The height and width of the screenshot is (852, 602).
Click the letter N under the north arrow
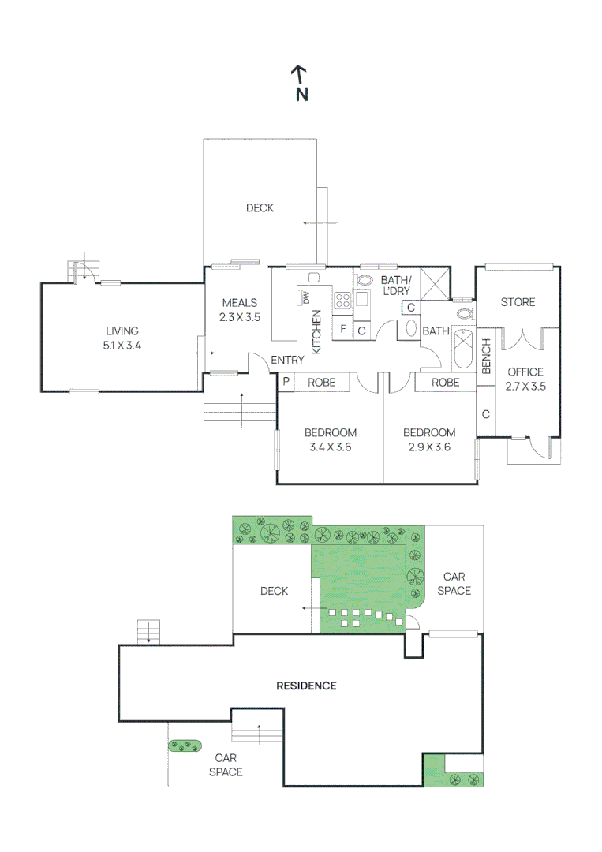click(x=301, y=94)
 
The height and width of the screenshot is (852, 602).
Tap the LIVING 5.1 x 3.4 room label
click(x=122, y=338)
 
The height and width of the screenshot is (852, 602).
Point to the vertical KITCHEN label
click(x=317, y=331)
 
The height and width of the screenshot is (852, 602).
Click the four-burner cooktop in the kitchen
click(x=342, y=299)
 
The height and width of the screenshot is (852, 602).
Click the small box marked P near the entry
click(x=285, y=382)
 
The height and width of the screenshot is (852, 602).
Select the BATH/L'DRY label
click(x=395, y=285)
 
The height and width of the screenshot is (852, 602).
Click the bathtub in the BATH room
click(x=462, y=349)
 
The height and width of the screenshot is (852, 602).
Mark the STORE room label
click(x=518, y=302)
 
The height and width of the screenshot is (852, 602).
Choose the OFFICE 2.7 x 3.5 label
click(x=525, y=379)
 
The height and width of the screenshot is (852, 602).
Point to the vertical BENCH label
click(x=486, y=357)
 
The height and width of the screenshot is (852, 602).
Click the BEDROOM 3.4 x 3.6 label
click(x=330, y=439)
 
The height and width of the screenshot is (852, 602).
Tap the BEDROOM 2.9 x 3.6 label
click(x=429, y=439)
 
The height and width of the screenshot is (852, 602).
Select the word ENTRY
click(x=287, y=361)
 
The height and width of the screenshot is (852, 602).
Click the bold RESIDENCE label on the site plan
click(x=306, y=686)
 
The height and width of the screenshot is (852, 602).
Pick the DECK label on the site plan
click(x=274, y=591)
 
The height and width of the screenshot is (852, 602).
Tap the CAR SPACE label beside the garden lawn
click(x=454, y=584)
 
